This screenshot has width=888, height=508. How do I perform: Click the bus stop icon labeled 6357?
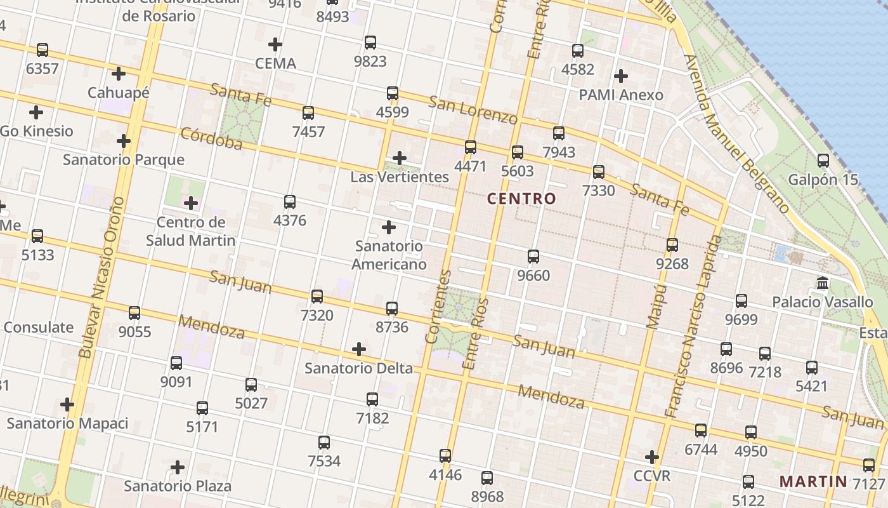[42, 50]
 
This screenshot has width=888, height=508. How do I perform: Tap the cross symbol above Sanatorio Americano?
[389, 227]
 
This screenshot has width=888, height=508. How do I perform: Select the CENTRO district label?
[521, 199]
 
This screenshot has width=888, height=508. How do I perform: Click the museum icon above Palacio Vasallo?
[823, 283]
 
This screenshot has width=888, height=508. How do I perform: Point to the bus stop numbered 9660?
[533, 257]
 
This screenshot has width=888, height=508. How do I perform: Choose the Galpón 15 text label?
[823, 180]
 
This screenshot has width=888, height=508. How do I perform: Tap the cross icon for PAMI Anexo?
[621, 76]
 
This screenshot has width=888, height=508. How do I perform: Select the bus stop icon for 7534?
[324, 443]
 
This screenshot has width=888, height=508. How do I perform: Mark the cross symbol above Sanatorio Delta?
[359, 349]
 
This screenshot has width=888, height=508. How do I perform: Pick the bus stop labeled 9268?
[672, 244]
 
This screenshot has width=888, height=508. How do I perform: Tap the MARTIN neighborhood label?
[813, 481]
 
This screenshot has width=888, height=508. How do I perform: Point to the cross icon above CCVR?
[652, 457]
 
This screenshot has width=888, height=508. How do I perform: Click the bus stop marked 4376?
[290, 202]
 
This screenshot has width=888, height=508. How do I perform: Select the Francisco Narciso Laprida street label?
[695, 327]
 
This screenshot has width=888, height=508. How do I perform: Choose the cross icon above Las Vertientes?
[400, 158]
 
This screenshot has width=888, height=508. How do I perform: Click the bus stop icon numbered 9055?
[134, 313]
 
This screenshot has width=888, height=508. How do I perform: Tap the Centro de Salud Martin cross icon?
[191, 203]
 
